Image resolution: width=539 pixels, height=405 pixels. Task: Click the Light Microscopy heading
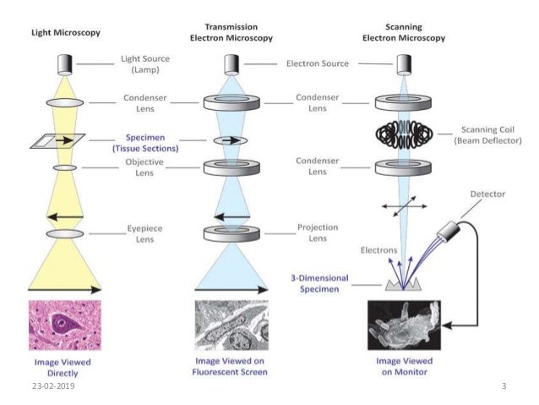click(66, 33)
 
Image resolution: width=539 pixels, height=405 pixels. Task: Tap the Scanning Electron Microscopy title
click(404, 32)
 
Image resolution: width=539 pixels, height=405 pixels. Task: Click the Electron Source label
click(318, 63)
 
